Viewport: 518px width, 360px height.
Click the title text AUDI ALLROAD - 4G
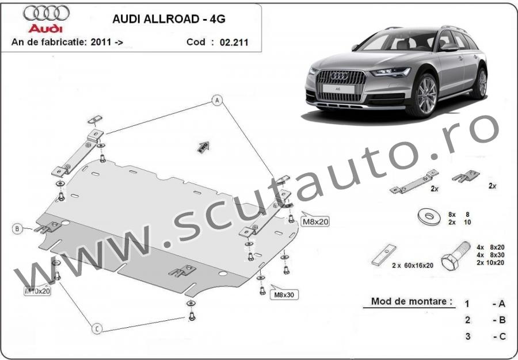[168, 18]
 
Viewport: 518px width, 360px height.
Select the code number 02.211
[234, 42]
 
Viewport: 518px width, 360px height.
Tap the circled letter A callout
[218, 101]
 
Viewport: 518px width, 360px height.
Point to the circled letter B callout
[17, 229]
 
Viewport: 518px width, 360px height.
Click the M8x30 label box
[284, 295]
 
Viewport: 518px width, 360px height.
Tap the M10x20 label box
[38, 291]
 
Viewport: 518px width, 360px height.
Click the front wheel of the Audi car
[426, 95]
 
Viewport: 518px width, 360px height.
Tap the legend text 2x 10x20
[490, 262]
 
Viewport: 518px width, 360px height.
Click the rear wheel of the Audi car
[481, 83]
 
